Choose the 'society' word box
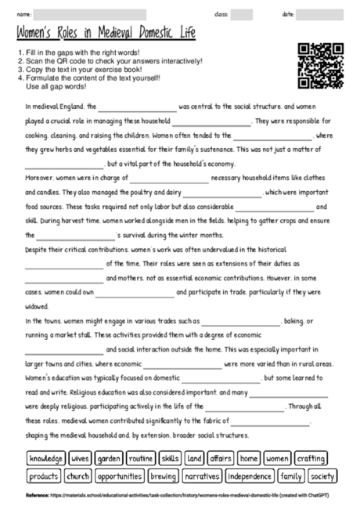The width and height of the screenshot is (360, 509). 322,475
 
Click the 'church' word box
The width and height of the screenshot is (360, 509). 78,475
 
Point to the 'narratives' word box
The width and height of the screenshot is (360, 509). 202,475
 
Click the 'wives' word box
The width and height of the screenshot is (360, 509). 80,458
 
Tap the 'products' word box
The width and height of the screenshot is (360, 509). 43,475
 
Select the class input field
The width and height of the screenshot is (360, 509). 241,15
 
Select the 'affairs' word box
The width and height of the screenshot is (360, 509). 221,458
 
